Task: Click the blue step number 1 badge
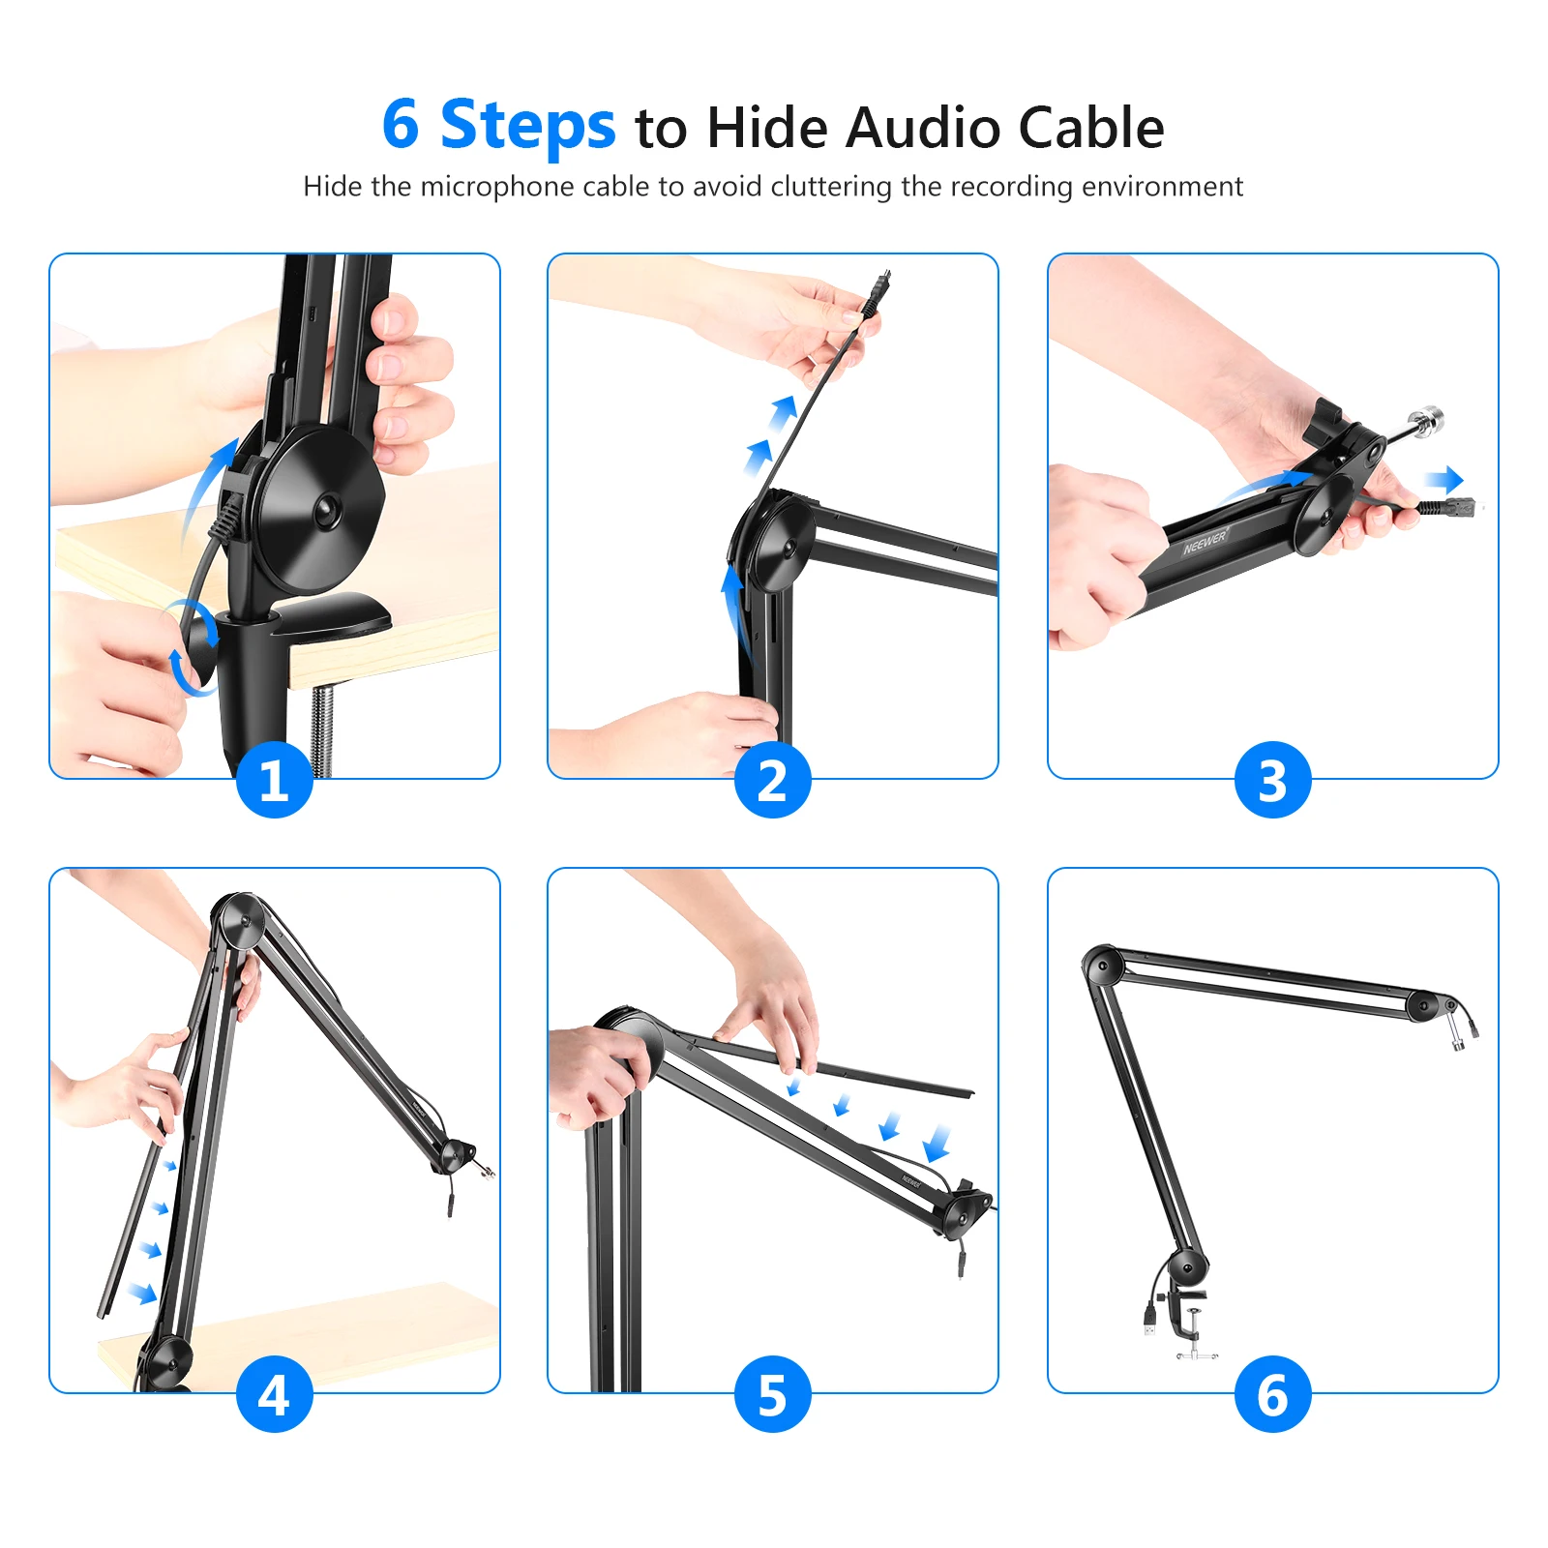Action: [275, 780]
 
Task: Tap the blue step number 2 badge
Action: [773, 780]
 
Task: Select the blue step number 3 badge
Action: [1272, 780]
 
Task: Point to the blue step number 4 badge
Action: [275, 1394]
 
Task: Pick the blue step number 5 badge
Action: [773, 1394]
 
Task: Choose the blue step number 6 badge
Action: [1272, 1394]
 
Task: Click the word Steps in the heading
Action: [527, 128]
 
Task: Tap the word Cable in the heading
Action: [1091, 128]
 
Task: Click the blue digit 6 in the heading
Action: [401, 125]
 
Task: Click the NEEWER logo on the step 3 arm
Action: [1205, 543]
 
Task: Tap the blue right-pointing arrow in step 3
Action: [1444, 479]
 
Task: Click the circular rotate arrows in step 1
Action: [193, 646]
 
